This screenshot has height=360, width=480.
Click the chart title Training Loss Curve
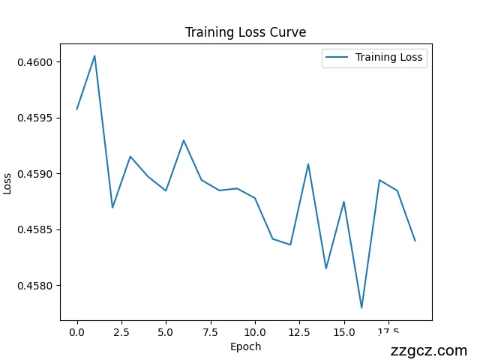click(x=245, y=32)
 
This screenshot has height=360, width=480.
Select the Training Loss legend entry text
click(x=388, y=57)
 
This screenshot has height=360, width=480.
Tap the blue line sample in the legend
click(x=337, y=57)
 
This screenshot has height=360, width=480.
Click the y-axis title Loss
click(x=7, y=183)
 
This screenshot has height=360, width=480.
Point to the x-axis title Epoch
click(x=245, y=346)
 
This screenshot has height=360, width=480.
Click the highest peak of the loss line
click(x=94, y=55)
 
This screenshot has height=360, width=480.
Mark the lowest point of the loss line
click(x=361, y=307)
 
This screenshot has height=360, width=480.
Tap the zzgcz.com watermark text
click(x=429, y=350)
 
